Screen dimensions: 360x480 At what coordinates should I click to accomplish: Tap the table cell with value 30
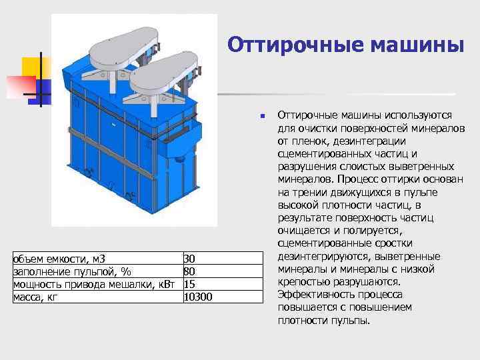click(x=189, y=259)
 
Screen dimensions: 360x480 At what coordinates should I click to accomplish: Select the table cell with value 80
click(x=189, y=271)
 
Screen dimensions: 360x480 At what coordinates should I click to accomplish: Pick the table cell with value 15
click(x=189, y=284)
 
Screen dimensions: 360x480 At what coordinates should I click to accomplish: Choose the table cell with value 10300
click(x=197, y=297)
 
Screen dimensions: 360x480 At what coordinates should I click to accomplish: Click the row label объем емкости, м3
click(x=59, y=259)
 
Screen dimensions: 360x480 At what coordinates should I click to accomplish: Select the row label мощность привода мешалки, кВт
click(x=94, y=284)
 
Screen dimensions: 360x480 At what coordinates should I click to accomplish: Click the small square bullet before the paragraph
click(x=263, y=117)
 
